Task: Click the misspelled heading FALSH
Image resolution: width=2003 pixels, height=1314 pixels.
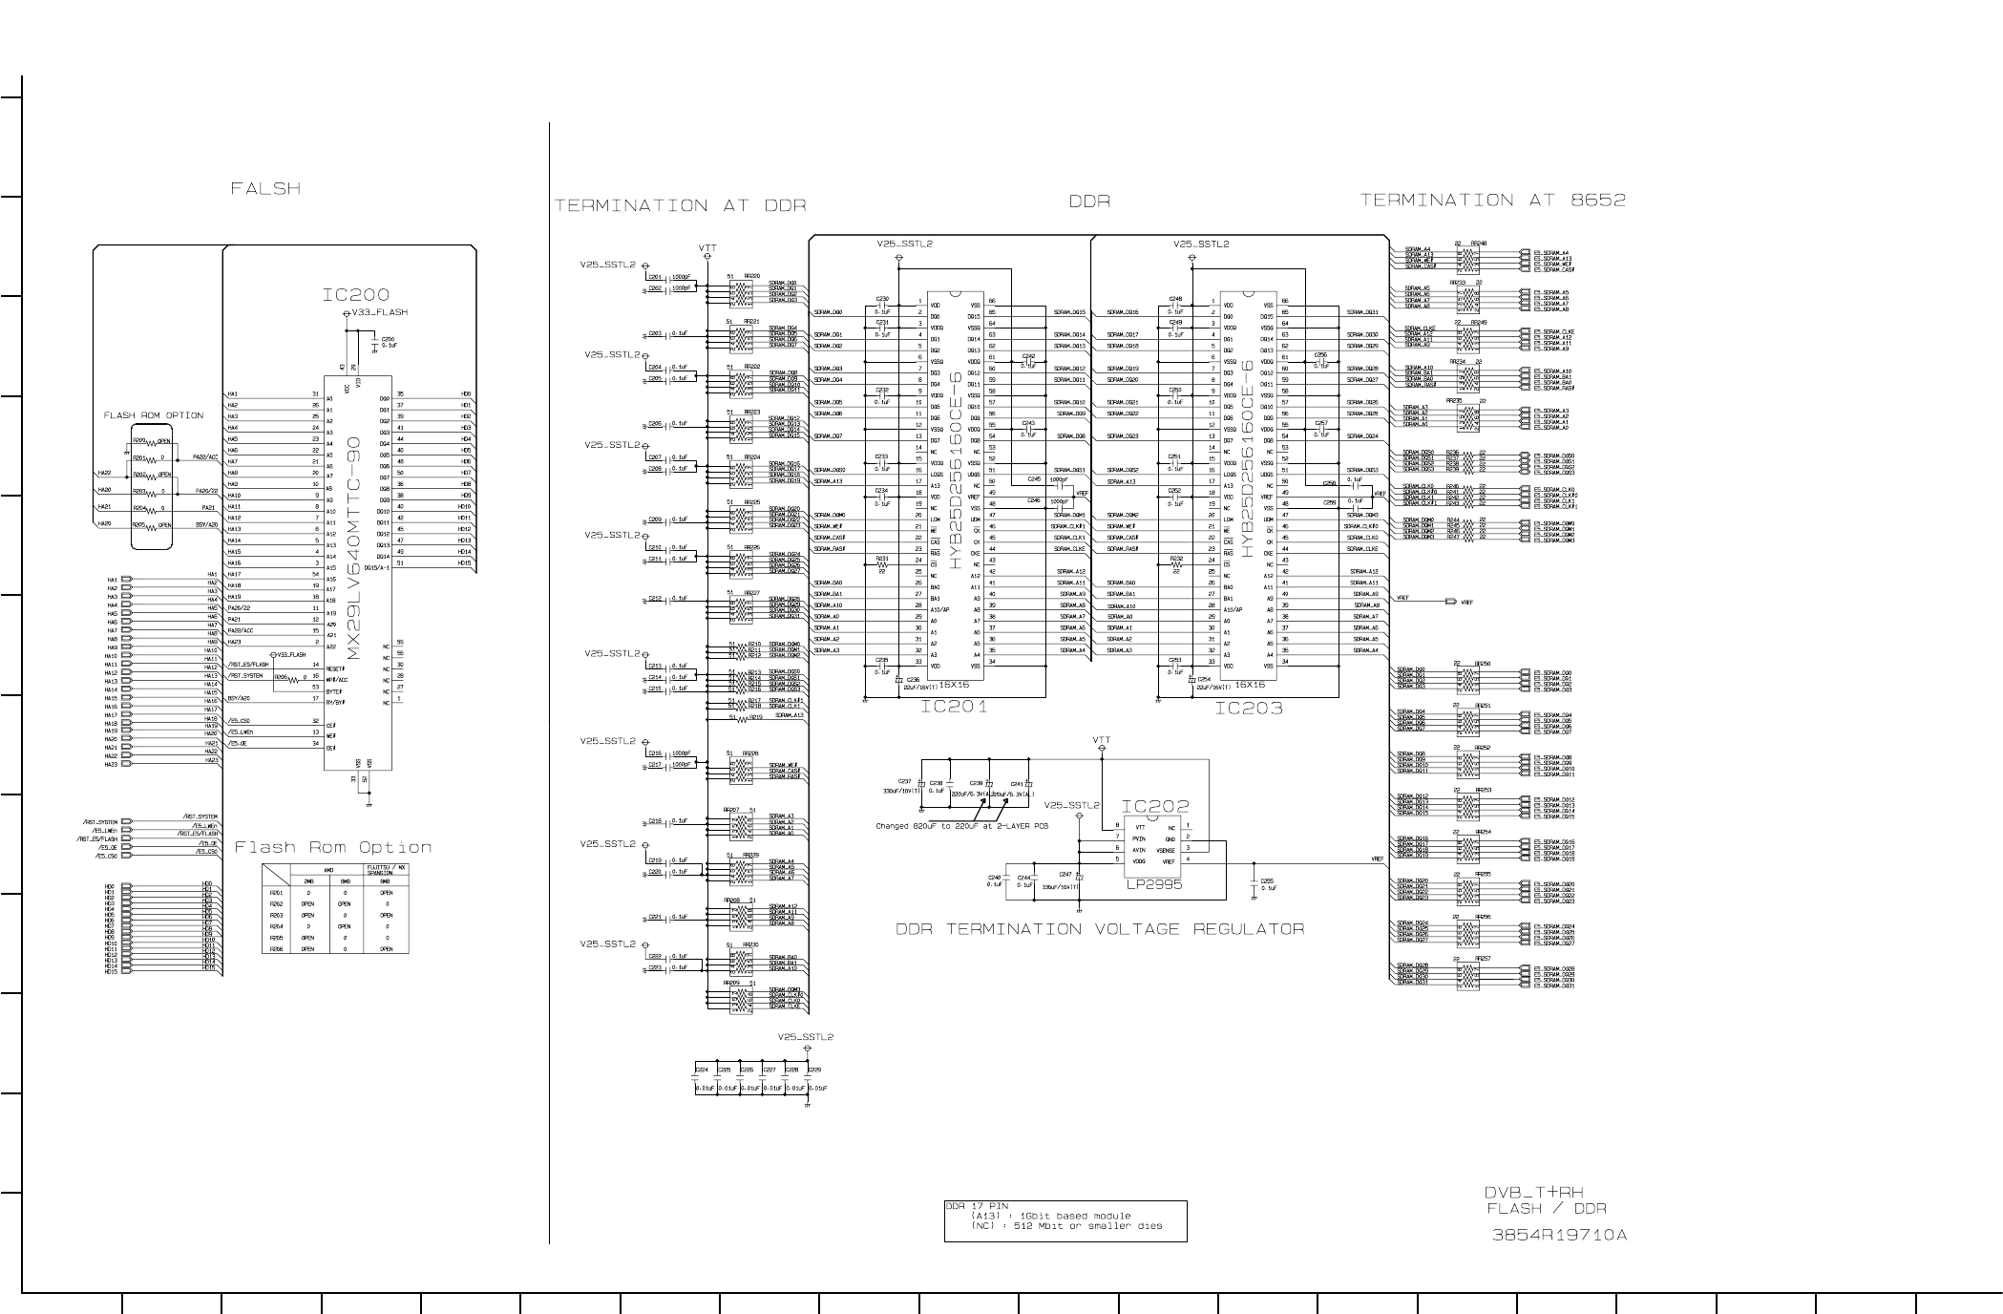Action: [265, 189]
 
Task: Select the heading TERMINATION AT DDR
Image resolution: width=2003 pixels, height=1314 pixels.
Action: [680, 205]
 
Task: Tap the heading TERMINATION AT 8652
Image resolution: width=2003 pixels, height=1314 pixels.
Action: [1492, 200]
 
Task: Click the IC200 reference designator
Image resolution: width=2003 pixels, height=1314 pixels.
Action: [355, 295]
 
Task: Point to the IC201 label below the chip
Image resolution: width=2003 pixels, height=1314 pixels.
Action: [954, 708]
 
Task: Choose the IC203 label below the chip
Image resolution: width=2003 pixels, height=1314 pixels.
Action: [1248, 709]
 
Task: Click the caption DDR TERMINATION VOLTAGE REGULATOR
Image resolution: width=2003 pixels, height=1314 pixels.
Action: [1100, 929]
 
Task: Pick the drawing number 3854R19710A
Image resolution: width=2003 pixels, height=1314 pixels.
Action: [1559, 1235]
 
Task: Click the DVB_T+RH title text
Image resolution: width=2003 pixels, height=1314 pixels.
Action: [1533, 1192]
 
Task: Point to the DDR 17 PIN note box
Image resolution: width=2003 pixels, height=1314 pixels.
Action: [1065, 1220]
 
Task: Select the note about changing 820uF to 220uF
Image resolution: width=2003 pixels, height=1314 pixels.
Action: [961, 826]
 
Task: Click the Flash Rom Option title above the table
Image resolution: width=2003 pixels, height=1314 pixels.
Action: [333, 847]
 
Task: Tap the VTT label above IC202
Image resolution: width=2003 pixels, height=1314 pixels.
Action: [1102, 740]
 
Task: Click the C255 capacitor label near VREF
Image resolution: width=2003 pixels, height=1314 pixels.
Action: [1267, 880]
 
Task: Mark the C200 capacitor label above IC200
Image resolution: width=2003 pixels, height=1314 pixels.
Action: [388, 339]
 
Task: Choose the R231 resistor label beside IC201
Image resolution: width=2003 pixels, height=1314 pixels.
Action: [882, 559]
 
